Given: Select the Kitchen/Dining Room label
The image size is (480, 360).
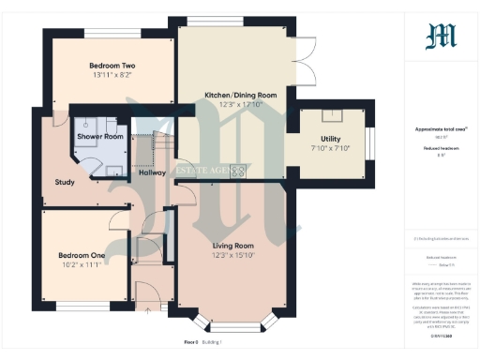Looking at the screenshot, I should [x=241, y=95].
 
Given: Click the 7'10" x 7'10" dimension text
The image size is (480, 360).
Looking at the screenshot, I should [x=329, y=148].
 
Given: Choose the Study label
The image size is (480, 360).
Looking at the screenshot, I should [x=65, y=182].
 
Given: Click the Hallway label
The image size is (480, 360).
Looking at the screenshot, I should [x=152, y=172].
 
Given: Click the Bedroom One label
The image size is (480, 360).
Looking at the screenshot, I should [x=82, y=255].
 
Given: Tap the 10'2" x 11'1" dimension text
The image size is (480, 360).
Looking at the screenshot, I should [x=82, y=265].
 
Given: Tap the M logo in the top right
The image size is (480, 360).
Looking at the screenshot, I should [x=441, y=36].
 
